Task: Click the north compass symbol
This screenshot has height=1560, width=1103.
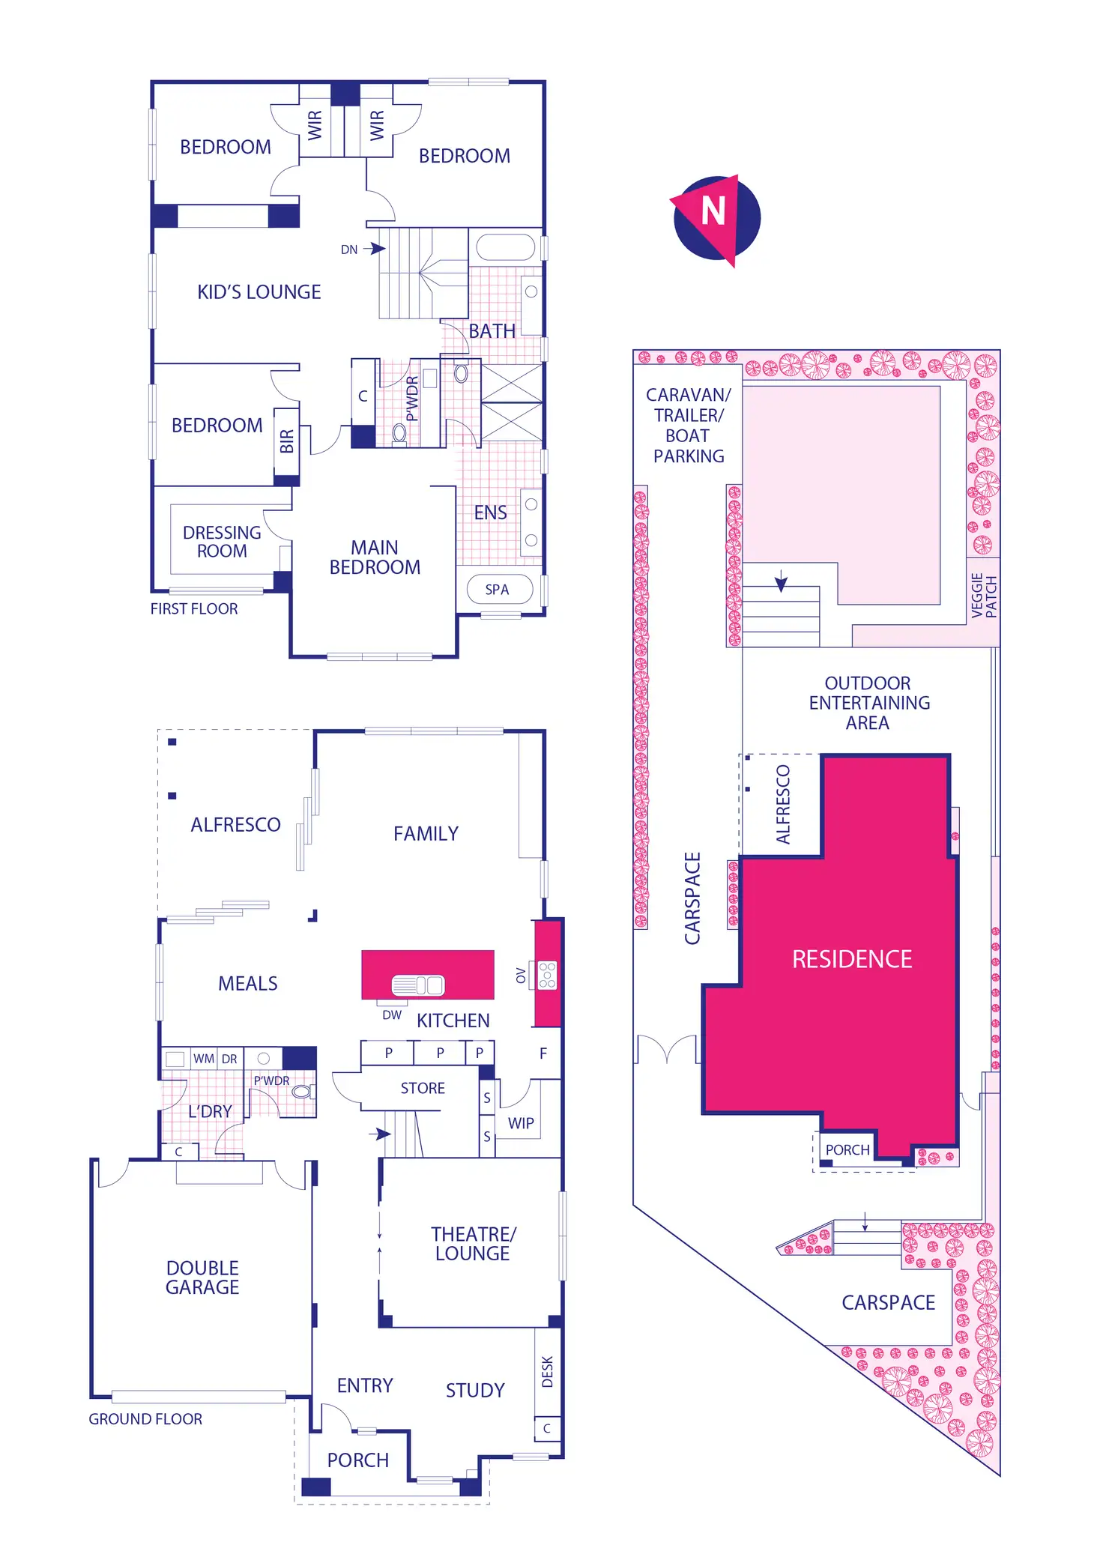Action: (x=716, y=218)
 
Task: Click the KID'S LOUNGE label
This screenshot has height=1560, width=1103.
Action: (x=259, y=292)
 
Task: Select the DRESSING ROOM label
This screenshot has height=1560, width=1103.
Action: (x=222, y=542)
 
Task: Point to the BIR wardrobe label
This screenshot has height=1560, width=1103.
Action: (x=286, y=441)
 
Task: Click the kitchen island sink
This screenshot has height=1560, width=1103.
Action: (x=418, y=985)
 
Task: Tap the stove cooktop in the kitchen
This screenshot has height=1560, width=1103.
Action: (x=548, y=975)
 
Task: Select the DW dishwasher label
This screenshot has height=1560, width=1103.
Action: (x=392, y=1015)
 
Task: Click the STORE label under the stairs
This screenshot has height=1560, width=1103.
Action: (x=423, y=1088)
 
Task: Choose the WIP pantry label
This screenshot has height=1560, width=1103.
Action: (x=521, y=1123)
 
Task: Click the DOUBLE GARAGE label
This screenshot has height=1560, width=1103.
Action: (x=202, y=1278)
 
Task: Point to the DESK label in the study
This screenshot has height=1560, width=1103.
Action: (x=548, y=1371)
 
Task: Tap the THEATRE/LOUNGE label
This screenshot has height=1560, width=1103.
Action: (x=473, y=1244)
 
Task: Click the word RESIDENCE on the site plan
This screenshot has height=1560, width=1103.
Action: (x=852, y=959)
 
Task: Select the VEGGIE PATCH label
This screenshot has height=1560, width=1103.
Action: (x=984, y=595)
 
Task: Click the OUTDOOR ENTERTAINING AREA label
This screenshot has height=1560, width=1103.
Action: (x=868, y=703)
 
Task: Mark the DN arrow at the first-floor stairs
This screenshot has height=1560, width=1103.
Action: (x=373, y=249)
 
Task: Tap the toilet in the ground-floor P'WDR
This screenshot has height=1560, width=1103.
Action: (x=303, y=1091)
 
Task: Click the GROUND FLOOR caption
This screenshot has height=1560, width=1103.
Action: (x=145, y=1419)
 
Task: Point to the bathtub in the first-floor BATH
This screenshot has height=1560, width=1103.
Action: (x=506, y=247)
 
